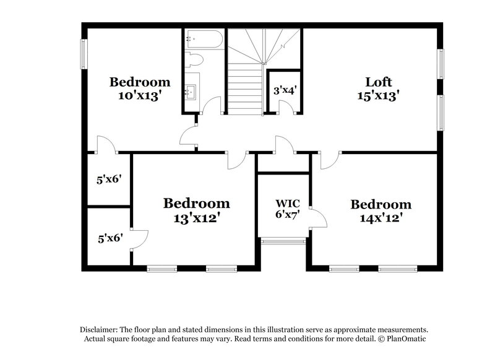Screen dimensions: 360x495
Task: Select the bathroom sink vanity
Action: [x=191, y=92]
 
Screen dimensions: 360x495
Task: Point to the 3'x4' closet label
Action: [x=285, y=90]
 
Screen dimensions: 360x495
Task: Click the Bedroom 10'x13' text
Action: [x=140, y=88]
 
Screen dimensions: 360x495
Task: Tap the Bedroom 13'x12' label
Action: [x=196, y=210]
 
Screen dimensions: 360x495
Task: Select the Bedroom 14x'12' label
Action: [x=381, y=211]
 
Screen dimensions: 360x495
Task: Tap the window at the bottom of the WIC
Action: [x=283, y=241]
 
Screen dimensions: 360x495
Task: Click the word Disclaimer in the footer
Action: [x=100, y=330]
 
